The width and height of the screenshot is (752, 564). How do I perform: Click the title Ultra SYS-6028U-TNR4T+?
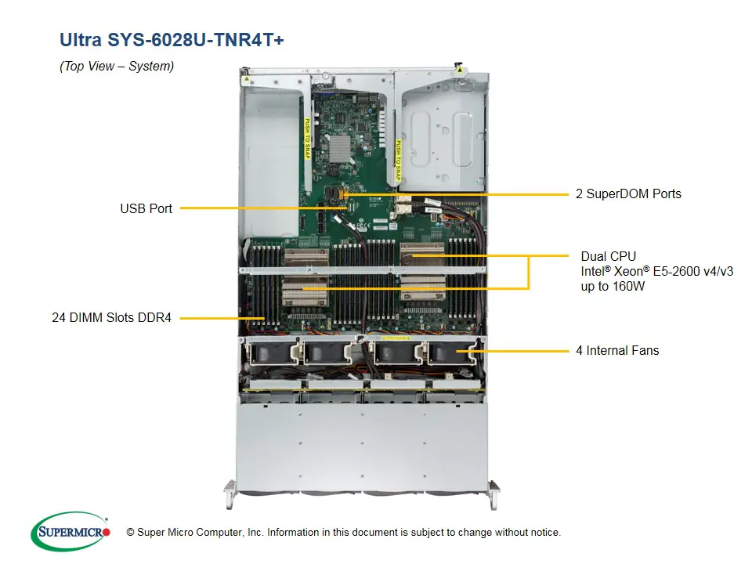tap(172, 39)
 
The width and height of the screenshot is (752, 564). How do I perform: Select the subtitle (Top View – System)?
tap(117, 67)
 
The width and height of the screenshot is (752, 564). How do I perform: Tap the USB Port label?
tap(146, 208)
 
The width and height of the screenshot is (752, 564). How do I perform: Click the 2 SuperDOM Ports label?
tap(628, 193)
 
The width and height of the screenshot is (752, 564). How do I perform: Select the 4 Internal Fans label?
tap(617, 350)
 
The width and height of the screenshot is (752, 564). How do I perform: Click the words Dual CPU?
tap(608, 256)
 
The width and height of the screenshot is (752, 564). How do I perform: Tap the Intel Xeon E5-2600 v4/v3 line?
tap(656, 272)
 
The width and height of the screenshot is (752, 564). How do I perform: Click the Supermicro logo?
tap(70, 532)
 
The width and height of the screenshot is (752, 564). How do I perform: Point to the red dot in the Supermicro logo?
tap(107, 532)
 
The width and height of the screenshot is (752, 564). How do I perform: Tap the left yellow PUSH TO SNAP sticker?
tap(306, 138)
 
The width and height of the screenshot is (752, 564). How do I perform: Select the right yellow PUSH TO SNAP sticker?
tap(398, 161)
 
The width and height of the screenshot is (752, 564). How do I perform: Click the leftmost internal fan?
tap(270, 353)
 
